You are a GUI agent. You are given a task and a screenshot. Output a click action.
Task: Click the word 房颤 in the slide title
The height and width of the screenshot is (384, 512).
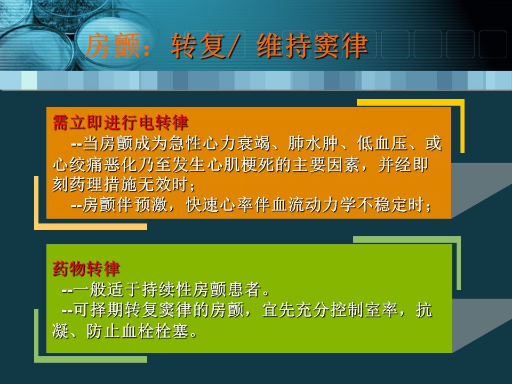point(113,46)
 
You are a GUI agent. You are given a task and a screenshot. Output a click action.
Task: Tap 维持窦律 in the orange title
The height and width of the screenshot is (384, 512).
point(313,46)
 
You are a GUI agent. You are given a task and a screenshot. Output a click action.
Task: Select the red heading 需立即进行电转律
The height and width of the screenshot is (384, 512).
point(121,123)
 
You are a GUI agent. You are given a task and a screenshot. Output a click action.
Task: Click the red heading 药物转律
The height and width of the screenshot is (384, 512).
point(86,268)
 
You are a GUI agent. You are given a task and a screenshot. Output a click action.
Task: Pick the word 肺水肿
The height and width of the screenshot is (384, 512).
point(313,143)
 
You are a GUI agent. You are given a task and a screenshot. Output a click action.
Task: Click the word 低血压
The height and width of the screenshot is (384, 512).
point(382,143)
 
